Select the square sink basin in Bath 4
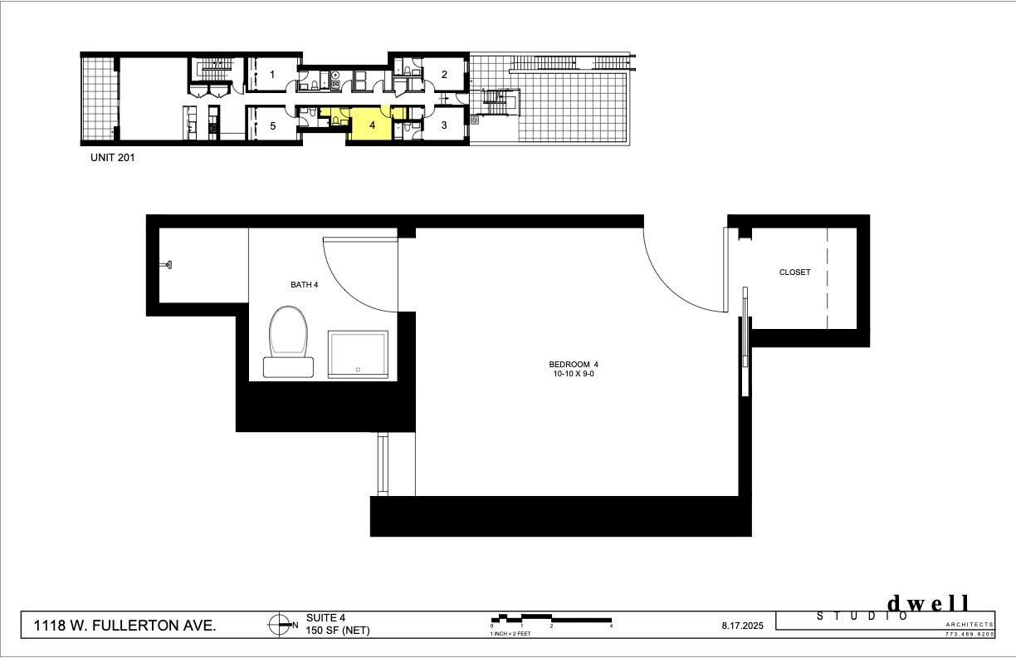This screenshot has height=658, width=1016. [x=358, y=355]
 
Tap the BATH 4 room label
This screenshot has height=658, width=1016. [x=304, y=285]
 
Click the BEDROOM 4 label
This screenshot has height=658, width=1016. [x=573, y=364]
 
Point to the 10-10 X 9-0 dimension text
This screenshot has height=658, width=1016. [x=573, y=375]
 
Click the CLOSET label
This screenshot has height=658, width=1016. [x=794, y=273]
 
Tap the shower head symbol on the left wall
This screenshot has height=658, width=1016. [x=167, y=265]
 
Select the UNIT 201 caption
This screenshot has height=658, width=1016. [x=113, y=156]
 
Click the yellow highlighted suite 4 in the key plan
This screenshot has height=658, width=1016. [x=371, y=126]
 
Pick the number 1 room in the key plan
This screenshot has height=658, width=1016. [x=272, y=75]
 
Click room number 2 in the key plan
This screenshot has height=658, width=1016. [x=444, y=75]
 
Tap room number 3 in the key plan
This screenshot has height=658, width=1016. [x=444, y=125]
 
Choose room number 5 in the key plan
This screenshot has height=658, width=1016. [x=272, y=126]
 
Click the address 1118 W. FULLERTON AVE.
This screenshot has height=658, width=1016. [x=125, y=626]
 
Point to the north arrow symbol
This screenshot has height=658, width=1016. [x=278, y=625]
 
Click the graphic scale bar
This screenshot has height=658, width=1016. [x=551, y=619]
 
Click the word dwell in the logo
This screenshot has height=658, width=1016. [x=929, y=604]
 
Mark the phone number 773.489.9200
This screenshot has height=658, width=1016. [x=969, y=634]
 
